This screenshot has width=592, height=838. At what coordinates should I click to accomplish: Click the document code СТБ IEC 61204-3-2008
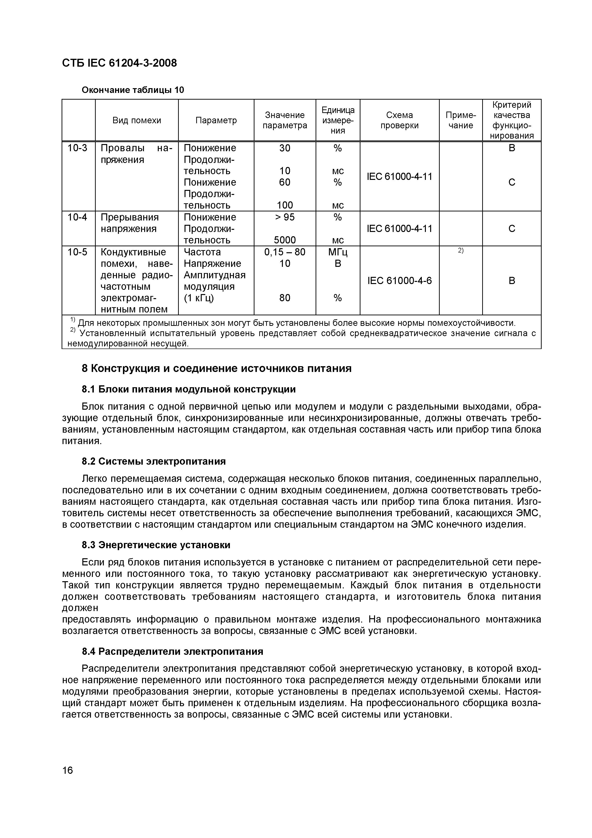coord(119,63)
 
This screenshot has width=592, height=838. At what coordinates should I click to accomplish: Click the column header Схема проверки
coord(399,120)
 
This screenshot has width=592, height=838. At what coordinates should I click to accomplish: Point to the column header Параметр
coord(216,120)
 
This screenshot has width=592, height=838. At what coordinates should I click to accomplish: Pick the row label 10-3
coord(78,148)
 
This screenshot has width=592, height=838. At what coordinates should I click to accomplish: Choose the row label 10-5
coord(78,252)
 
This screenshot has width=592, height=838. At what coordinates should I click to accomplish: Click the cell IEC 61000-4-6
coord(399,281)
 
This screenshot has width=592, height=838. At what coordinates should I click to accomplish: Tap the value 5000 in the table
coord(285,240)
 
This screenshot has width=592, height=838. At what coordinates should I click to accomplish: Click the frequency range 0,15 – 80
coord(285,252)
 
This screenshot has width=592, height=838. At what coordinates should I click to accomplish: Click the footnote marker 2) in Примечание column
coord(460,250)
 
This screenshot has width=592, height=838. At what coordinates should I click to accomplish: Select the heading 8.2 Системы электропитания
coord(153,461)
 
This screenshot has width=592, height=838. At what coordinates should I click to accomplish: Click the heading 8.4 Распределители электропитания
coord(172,651)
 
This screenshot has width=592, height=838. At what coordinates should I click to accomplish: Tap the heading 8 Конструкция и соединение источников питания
coord(216,369)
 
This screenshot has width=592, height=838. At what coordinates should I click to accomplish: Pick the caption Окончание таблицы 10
coord(132,90)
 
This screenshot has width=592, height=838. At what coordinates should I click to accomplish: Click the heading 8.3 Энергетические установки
coord(156,545)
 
